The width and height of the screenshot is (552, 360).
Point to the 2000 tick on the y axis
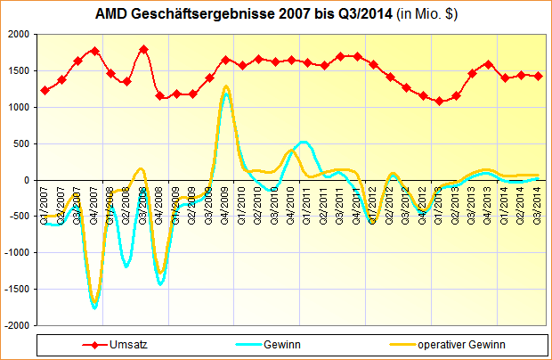18,34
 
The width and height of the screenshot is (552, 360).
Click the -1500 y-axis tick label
15,290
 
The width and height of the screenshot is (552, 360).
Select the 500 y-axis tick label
20,143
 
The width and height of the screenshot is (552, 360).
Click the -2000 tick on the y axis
15,326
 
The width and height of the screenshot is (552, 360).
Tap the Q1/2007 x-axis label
45,205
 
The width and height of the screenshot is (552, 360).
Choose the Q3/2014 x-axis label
538,205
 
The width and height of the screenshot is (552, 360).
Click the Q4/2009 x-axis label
226,205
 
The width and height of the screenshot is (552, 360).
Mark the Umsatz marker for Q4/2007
94,51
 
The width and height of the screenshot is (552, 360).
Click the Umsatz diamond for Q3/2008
143,50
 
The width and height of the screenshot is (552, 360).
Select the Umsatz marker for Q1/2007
45,90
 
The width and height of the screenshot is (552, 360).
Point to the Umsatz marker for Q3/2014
538,76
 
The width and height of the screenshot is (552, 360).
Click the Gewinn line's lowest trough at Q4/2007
94,307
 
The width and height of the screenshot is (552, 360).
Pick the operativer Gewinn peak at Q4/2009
226,86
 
